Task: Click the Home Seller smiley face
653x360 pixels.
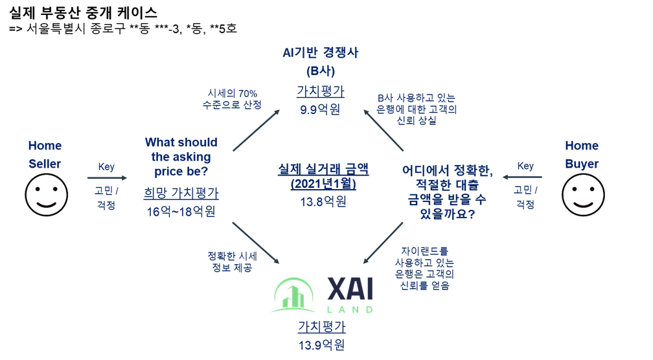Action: [47, 194]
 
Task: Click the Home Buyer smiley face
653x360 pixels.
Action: [582, 194]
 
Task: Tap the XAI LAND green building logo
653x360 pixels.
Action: [294, 295]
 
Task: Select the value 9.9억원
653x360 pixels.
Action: [320, 109]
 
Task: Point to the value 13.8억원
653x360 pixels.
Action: [323, 201]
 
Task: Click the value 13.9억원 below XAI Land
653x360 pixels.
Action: [321, 344]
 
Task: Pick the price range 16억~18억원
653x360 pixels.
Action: [181, 211]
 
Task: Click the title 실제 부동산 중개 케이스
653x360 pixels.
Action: [84, 13]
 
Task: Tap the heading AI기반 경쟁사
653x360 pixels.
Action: [320, 53]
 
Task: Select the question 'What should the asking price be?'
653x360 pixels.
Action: [181, 157]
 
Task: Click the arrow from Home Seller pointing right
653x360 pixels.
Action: [107, 177]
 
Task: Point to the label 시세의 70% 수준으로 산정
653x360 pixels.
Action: [232, 98]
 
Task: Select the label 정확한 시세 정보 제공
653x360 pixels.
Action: [232, 262]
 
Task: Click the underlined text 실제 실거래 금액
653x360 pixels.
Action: [323, 169]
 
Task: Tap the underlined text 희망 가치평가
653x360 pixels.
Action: [181, 193]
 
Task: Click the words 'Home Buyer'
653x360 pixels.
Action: [581, 154]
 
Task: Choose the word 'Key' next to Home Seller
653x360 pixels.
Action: [106, 166]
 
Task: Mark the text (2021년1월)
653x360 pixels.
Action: [323, 184]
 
